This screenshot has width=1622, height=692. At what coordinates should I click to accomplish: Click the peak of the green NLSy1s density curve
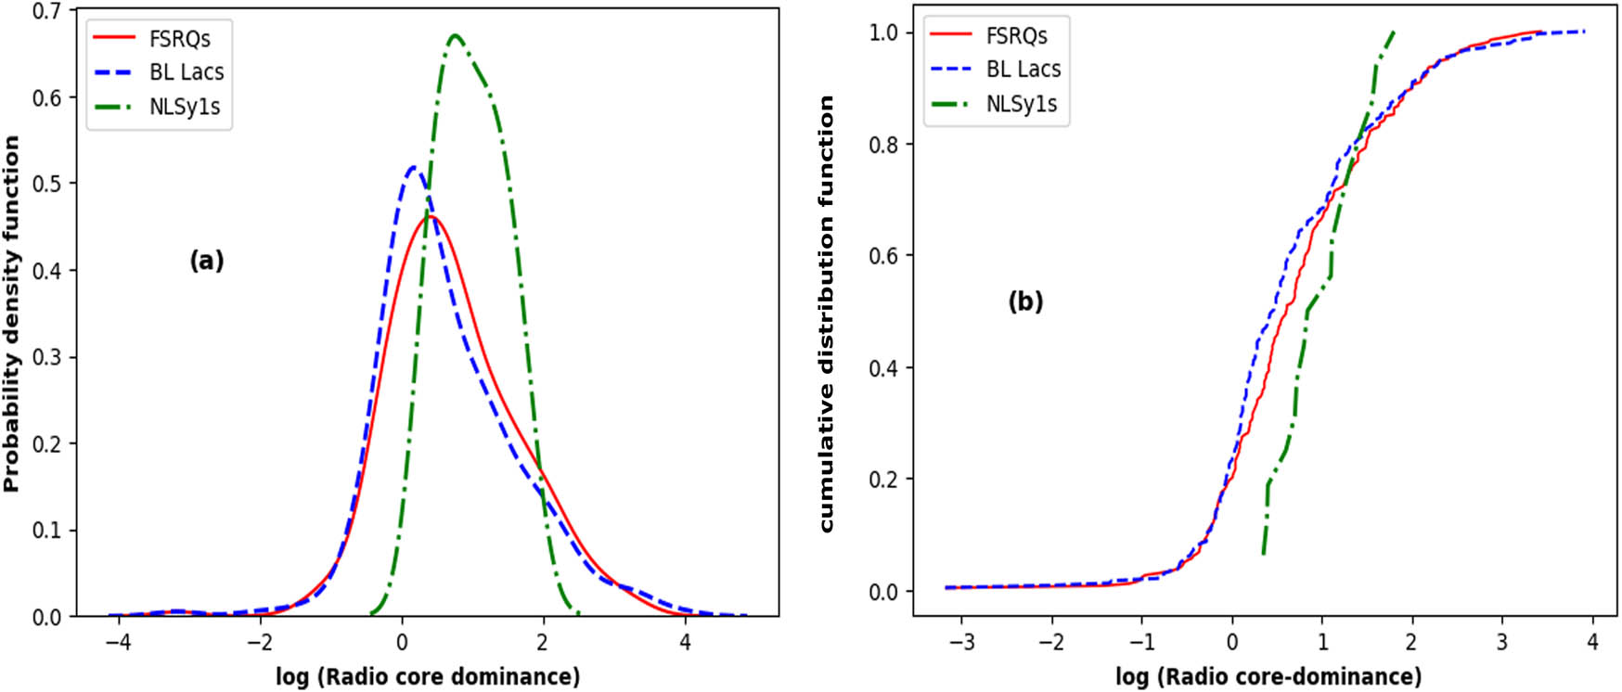tap(455, 35)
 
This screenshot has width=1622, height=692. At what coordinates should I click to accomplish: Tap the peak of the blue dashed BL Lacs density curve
tap(414, 167)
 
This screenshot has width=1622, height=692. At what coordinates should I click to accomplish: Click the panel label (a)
tap(206, 261)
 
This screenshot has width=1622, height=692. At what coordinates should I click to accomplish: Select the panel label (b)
tap(1025, 301)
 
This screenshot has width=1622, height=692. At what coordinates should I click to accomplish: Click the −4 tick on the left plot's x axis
tap(118, 641)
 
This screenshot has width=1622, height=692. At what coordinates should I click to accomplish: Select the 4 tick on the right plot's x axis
tap(1592, 641)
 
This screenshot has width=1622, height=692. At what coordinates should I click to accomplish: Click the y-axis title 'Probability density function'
tap(12, 314)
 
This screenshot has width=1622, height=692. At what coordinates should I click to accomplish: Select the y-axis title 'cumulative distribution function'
tap(826, 314)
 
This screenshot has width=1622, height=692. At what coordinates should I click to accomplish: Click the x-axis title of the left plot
tap(428, 676)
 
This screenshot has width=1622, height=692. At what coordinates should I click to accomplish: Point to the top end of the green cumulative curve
tap(1393, 32)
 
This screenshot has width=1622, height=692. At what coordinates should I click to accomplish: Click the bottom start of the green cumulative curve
tap(1264, 554)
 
